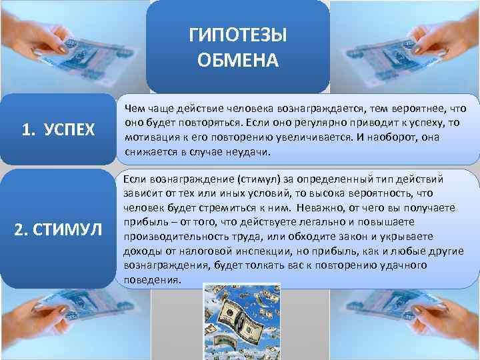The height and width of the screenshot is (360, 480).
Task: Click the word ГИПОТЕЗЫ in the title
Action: pos(238,35)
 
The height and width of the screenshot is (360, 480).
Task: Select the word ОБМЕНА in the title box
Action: pos(238,61)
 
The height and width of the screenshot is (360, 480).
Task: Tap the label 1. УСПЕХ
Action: pos(59,129)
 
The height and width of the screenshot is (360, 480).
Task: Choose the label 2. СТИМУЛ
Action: pos(59,231)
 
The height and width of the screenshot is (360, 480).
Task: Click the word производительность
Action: pos(175,237)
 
